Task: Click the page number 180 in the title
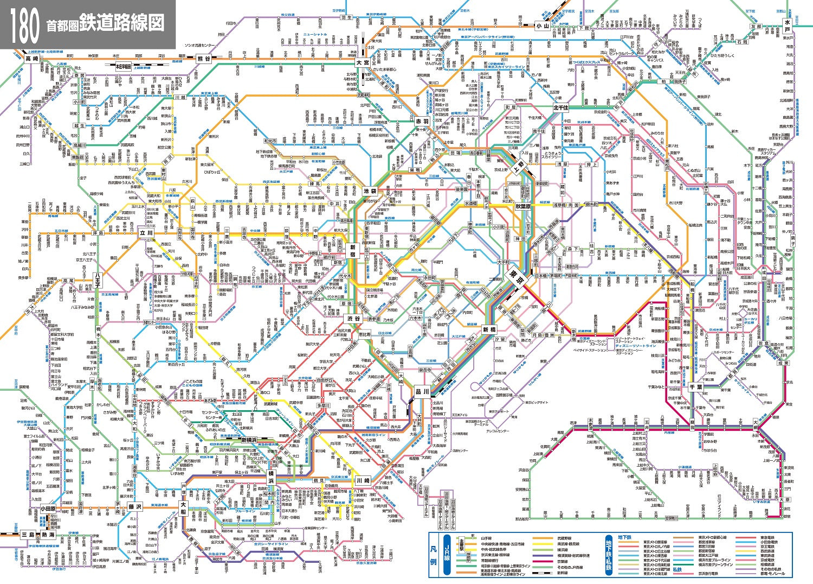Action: pyautogui.click(x=24, y=24)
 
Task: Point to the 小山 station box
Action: pyautogui.click(x=542, y=26)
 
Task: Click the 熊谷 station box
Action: pyautogui.click(x=204, y=59)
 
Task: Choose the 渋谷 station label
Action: pyautogui.click(x=354, y=319)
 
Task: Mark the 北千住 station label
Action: pyautogui.click(x=561, y=108)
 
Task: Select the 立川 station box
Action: pyautogui.click(x=146, y=232)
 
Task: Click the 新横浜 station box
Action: pyautogui.click(x=253, y=440)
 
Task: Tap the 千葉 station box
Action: pyautogui.click(x=696, y=388)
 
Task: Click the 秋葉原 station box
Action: pyautogui.click(x=525, y=206)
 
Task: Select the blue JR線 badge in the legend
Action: pyautogui.click(x=447, y=555)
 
